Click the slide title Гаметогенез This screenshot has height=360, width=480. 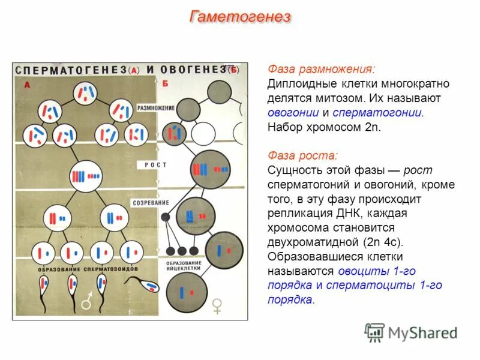(x=240, y=17)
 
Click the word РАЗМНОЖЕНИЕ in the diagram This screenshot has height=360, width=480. (x=155, y=108)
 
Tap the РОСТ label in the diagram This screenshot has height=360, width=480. (x=155, y=164)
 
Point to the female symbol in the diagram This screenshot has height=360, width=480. (x=217, y=307)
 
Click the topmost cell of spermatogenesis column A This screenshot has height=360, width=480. (x=86, y=92)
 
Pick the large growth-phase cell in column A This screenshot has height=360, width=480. (x=86, y=176)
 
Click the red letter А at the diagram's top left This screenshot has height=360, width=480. (x=28, y=85)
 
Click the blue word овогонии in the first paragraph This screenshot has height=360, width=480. (x=293, y=112)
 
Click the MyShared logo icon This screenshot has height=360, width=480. (x=374, y=332)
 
